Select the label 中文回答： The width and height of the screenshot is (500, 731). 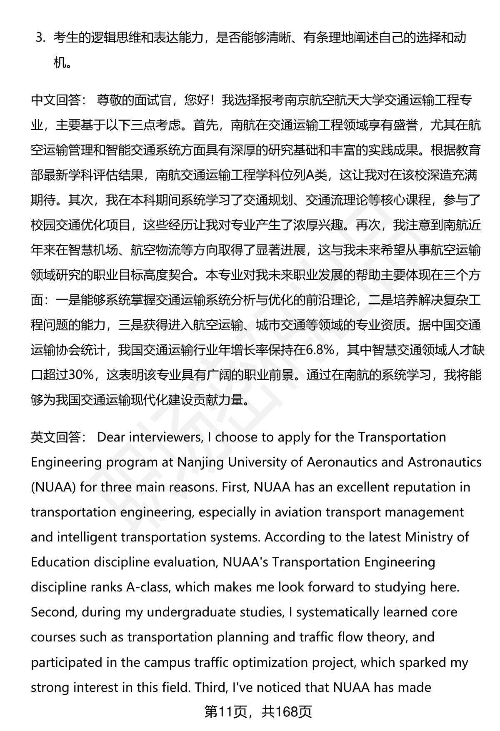click(x=58, y=100)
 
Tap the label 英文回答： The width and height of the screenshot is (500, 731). click(x=58, y=437)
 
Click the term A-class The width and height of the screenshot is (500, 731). click(x=148, y=587)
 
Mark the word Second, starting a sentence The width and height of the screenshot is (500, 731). click(x=54, y=612)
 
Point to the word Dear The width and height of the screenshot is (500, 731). click(x=111, y=437)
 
